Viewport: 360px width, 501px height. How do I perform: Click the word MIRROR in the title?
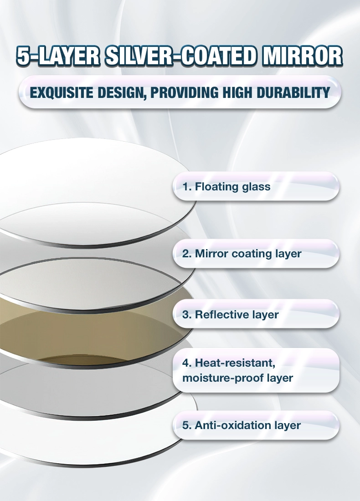(303, 56)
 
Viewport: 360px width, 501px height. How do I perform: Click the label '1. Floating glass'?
(226, 187)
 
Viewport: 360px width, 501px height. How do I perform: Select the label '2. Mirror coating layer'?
(242, 254)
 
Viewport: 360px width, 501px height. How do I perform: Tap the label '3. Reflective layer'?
(231, 315)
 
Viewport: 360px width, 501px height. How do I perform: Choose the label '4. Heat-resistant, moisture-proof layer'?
(237, 370)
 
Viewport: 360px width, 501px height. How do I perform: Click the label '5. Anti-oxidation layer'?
(242, 425)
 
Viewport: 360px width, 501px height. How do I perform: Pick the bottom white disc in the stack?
(96, 441)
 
